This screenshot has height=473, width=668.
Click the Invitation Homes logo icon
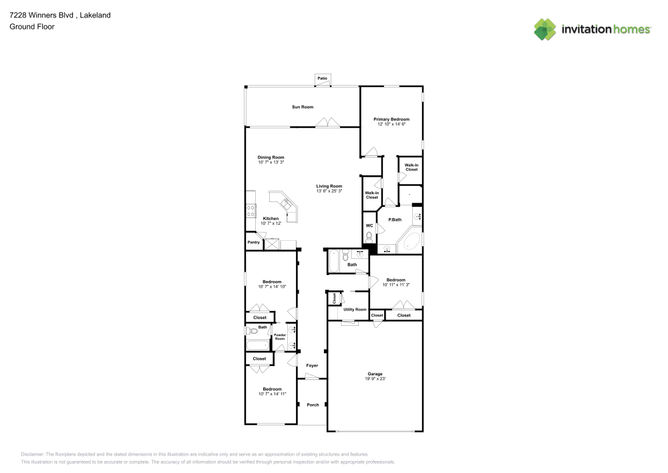pyautogui.click(x=545, y=29)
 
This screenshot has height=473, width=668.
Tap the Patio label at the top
pyautogui.click(x=323, y=79)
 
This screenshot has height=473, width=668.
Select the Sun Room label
pyautogui.click(x=302, y=107)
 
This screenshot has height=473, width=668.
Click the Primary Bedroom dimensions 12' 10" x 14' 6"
pyautogui.click(x=391, y=124)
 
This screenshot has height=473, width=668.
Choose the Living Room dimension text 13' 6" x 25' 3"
pyautogui.click(x=329, y=191)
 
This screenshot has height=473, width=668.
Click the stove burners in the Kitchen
pyautogui.click(x=251, y=211)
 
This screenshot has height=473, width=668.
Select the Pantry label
pyautogui.click(x=253, y=242)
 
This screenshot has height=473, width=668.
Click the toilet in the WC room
pyautogui.click(x=369, y=237)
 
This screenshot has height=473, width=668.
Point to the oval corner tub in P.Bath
pyautogui.click(x=411, y=241)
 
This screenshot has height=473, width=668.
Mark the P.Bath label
pyautogui.click(x=395, y=219)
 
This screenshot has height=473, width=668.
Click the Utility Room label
pyautogui.click(x=355, y=310)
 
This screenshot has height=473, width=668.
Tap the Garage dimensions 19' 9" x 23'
pyautogui.click(x=375, y=379)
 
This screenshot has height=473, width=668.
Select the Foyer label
pyautogui.click(x=312, y=366)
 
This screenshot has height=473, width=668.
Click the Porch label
pyautogui.click(x=313, y=405)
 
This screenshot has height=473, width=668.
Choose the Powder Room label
pyautogui.click(x=280, y=337)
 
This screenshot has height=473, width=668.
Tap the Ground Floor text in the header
pyautogui.click(x=32, y=27)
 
